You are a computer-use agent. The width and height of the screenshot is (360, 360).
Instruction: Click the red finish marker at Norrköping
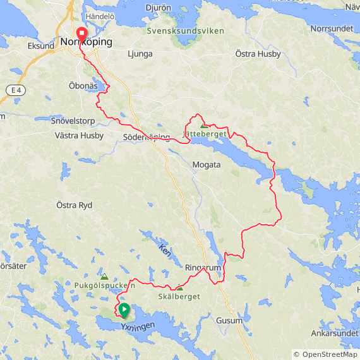coord(81,33)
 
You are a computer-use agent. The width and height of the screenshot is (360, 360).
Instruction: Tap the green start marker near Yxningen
coord(124,310)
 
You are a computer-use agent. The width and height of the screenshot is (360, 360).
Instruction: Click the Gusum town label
coord(229,321)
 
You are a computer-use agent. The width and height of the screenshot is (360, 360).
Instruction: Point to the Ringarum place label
coord(204,268)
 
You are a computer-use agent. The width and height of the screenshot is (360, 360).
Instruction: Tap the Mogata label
coord(207,165)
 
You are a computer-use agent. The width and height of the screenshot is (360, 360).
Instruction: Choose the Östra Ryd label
coord(75,205)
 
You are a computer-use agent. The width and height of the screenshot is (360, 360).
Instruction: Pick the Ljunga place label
coord(140,54)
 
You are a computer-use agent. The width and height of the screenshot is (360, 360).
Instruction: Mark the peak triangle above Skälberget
coord(179,287)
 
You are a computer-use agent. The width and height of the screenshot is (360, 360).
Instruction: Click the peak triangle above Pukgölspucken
coord(104,276)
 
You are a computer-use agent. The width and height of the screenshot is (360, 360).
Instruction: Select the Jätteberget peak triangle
coord(203,126)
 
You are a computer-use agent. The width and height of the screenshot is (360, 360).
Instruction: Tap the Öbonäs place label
coord(83,85)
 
